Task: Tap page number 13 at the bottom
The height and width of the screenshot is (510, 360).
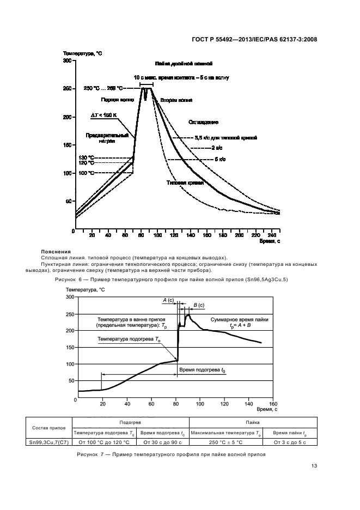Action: (314, 465)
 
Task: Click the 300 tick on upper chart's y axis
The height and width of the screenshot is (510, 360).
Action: (68, 61)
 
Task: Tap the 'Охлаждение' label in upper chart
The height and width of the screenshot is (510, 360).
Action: (203, 122)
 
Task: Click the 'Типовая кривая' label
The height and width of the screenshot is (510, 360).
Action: (185, 183)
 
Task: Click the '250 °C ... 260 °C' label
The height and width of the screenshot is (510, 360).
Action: (103, 88)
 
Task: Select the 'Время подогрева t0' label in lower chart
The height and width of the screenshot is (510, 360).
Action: (202, 370)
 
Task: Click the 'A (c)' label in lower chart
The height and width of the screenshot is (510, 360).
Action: (168, 300)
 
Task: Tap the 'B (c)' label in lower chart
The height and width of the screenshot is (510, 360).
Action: (199, 305)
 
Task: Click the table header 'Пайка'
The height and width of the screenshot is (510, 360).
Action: (252, 422)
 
